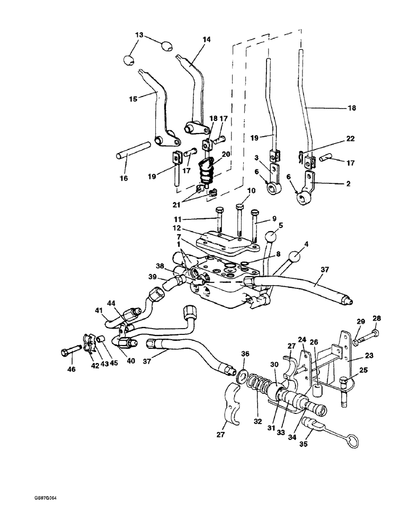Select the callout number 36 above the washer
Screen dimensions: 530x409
[x=245, y=354]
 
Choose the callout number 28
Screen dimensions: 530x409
[x=377, y=319]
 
